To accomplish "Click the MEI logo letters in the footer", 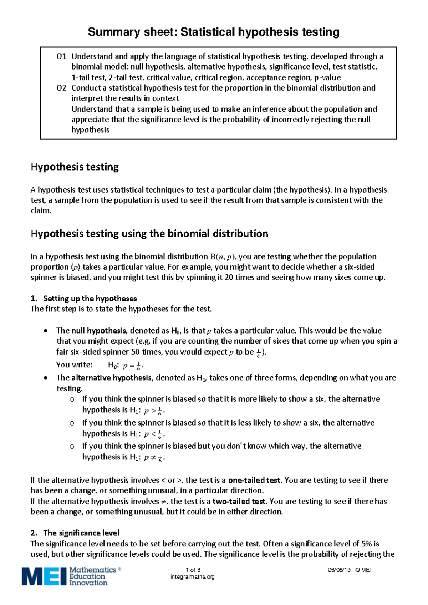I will (44, 576).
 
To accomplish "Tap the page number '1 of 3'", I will (193, 570).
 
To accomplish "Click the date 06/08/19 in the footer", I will (339, 570).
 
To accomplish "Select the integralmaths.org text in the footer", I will (193, 577).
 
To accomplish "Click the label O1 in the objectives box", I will (61, 56).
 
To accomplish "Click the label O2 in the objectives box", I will (61, 88).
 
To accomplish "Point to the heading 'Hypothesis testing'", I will (75, 167).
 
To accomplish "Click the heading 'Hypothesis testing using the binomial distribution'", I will (149, 234).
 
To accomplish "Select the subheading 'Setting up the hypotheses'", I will (90, 298).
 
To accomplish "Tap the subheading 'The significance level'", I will (81, 533).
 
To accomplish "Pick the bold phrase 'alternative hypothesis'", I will (111, 378).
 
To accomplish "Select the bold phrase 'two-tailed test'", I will (239, 501).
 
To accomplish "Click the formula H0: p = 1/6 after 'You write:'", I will (126, 365).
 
